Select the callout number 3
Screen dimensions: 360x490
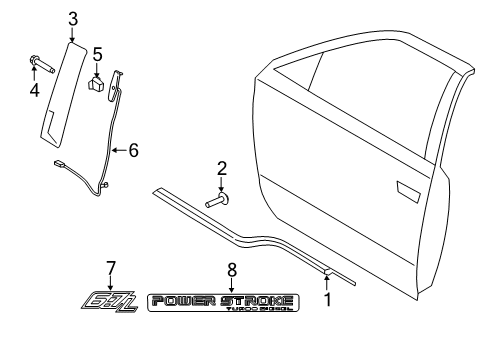[73, 17]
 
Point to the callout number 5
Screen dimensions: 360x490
[97, 53]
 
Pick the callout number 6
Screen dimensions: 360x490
[133, 150]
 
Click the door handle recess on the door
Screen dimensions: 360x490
[409, 187]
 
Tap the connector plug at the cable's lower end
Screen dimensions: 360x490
[58, 162]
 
